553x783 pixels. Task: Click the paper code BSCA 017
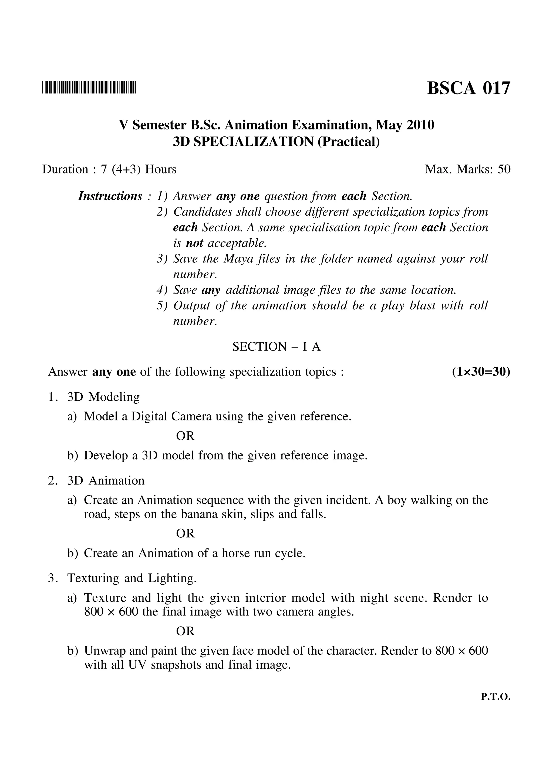point(468,88)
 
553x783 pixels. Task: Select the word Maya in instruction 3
point(235,259)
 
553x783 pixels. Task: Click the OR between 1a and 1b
point(185,436)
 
